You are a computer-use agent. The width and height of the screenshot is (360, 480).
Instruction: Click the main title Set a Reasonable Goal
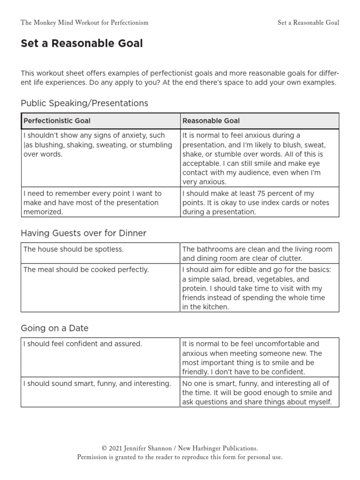point(82,44)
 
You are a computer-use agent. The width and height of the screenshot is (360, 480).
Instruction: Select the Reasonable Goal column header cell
point(211,120)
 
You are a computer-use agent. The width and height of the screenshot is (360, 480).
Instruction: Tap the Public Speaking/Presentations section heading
point(84,103)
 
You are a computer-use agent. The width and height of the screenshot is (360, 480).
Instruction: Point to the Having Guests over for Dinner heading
point(83,233)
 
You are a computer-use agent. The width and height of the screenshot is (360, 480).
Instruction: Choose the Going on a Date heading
point(54,328)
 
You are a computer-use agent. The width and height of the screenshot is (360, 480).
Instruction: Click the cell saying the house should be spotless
point(74,249)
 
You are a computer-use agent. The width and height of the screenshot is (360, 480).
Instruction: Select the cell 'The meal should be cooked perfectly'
point(86,270)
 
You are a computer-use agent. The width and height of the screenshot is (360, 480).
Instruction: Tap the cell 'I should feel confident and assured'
point(82,344)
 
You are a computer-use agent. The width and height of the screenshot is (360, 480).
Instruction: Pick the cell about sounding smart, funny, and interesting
point(97,383)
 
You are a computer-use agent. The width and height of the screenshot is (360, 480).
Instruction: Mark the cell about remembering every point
point(92,202)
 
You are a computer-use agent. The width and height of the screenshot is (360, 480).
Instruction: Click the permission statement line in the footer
point(180,457)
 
